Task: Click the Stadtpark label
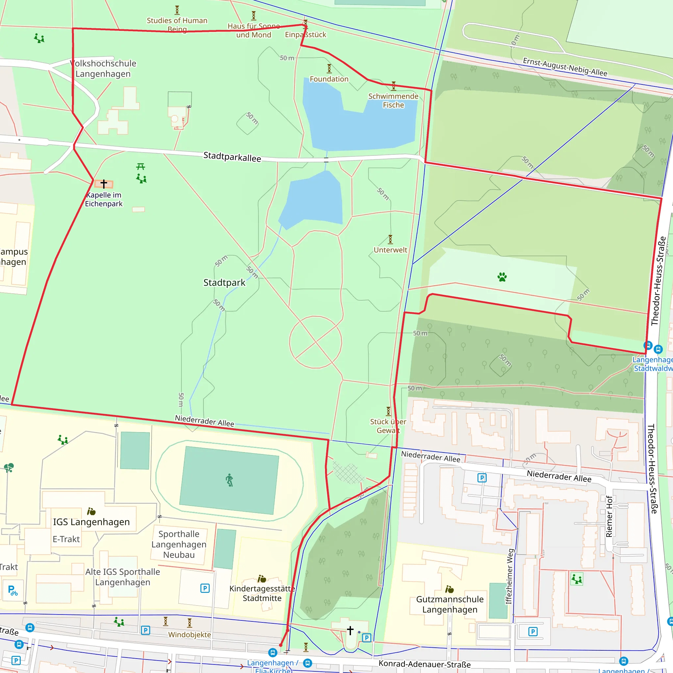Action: tap(224, 283)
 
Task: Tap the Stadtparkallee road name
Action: tap(232, 157)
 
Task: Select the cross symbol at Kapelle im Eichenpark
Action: tap(104, 184)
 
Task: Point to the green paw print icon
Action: tap(502, 277)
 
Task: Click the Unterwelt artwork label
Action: tap(390, 250)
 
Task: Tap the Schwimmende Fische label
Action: tap(393, 100)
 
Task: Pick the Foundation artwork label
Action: tap(329, 79)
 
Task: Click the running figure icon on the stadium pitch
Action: tap(229, 480)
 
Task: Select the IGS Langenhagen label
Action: tap(91, 522)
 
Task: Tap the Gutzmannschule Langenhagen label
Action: tap(450, 604)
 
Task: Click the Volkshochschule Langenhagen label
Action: tap(103, 69)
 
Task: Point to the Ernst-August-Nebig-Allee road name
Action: tap(565, 67)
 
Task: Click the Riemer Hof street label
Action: tap(609, 516)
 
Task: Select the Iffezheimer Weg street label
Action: tap(509, 576)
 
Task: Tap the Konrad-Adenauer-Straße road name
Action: tap(424, 664)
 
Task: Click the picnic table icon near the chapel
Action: tap(141, 167)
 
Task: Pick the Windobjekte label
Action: tap(190, 635)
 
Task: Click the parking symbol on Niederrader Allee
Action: tap(482, 477)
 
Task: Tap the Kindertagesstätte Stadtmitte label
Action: tap(262, 593)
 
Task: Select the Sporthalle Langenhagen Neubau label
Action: tap(179, 544)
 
